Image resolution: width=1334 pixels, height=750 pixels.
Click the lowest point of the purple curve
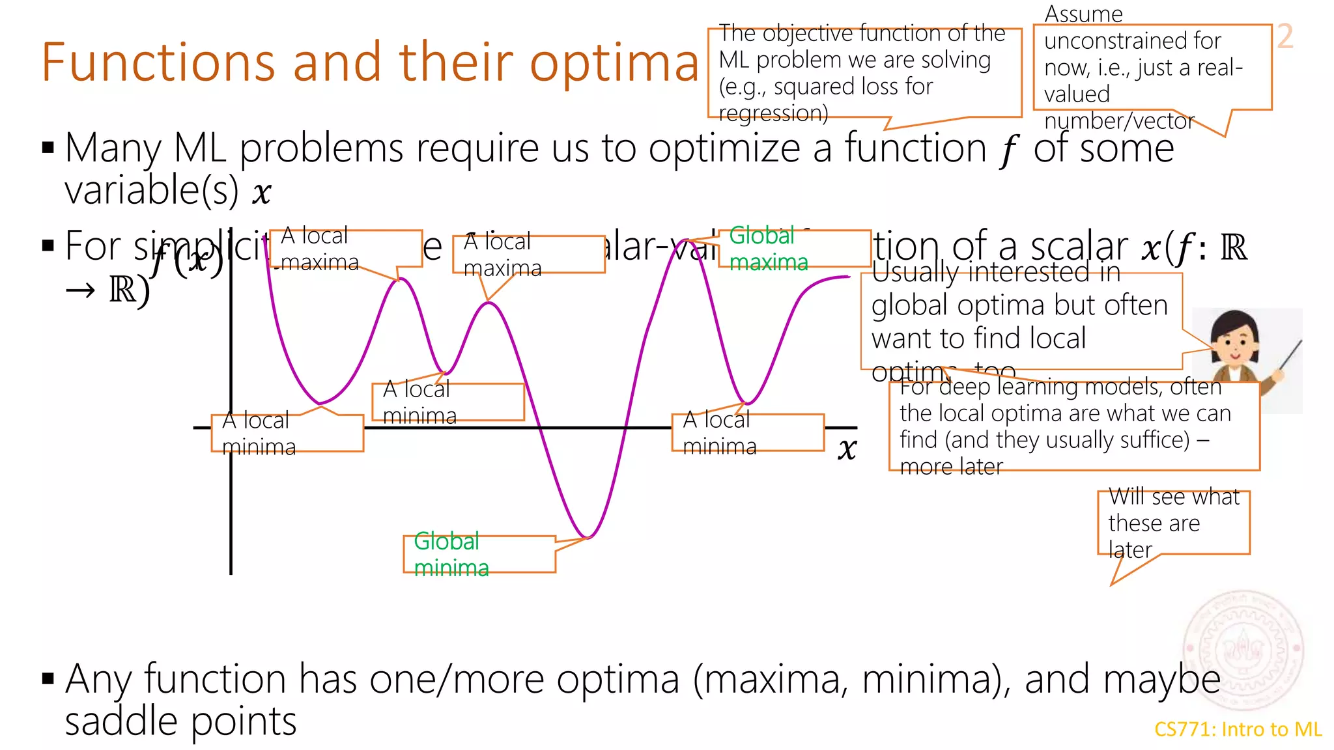pos(588,538)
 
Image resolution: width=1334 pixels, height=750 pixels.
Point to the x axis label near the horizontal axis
pos(847,449)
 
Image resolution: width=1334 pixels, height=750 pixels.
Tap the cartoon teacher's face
pos(1234,342)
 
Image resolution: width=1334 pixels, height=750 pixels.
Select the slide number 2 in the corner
pos(1284,36)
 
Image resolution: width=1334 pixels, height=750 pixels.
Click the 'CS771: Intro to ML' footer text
pos(1238,729)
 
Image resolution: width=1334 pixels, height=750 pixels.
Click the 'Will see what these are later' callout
pos(1173,523)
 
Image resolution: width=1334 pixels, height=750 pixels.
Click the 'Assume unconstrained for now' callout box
pos(1152,68)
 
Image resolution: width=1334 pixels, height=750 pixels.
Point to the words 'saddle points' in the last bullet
pos(180,721)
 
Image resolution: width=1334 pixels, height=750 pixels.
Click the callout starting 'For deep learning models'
pos(1073,426)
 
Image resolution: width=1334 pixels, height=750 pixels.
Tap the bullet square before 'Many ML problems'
pos(48,147)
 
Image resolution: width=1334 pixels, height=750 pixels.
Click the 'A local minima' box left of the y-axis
pos(287,433)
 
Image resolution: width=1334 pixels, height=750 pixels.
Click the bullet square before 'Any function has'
pos(48,679)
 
